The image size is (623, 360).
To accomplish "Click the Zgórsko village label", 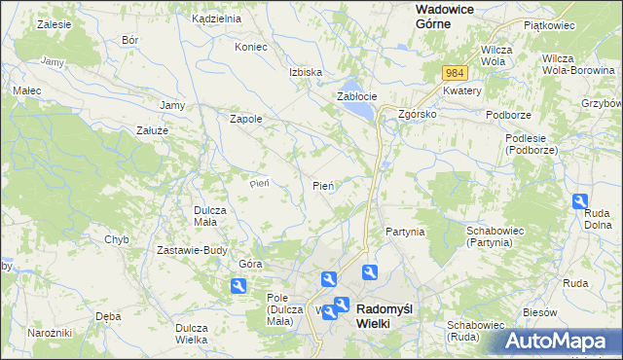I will (418, 113).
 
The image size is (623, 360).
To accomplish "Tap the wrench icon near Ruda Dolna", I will (580, 201).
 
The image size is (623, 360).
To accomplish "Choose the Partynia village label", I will (404, 232).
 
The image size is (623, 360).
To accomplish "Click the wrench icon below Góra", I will (238, 286).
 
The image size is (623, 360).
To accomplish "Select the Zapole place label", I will (244, 119).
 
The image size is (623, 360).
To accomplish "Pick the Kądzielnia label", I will (216, 18).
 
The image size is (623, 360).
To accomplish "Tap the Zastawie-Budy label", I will (192, 249).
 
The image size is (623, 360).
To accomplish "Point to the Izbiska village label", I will (305, 72).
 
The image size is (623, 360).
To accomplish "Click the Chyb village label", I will (117, 238).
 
